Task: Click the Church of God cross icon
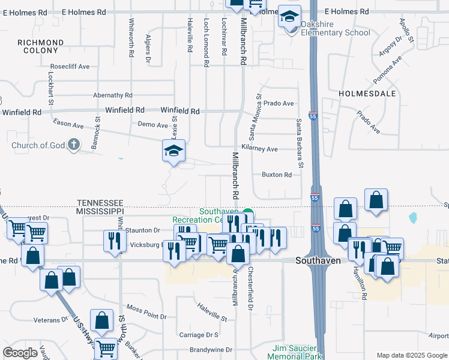(x=73, y=145)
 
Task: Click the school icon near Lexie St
(x=173, y=151)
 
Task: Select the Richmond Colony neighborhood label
(x=40, y=46)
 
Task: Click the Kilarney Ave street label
(x=259, y=149)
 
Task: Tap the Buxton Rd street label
(x=276, y=175)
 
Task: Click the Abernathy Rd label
(x=113, y=95)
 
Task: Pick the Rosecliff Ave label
(x=70, y=67)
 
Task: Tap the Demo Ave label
(x=152, y=125)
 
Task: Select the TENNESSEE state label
(x=100, y=203)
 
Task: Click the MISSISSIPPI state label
(x=100, y=212)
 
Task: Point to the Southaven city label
(x=318, y=261)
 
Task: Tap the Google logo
(x=20, y=353)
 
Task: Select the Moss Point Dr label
(x=143, y=309)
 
